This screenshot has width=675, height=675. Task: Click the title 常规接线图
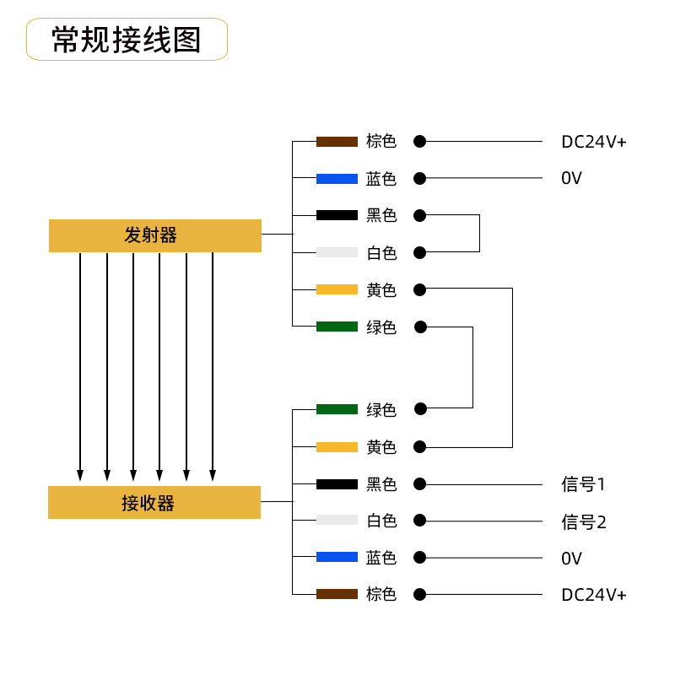[127, 40]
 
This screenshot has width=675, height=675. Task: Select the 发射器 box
[154, 235]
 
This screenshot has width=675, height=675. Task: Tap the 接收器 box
[154, 503]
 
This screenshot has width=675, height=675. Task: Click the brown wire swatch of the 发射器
[337, 142]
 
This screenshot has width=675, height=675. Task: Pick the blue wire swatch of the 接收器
[337, 557]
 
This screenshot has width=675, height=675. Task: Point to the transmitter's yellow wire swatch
[337, 289]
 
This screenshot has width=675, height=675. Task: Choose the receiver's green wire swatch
[337, 409]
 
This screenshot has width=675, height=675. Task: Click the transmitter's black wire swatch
[337, 215]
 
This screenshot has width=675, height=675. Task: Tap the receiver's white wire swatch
[337, 520]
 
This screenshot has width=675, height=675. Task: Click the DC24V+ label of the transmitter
[594, 142]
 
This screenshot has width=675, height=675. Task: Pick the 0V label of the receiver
[571, 558]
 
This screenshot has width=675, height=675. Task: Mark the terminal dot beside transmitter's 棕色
[419, 142]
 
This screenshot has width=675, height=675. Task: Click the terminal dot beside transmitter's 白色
[419, 252]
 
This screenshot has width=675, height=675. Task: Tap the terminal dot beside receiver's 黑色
[419, 484]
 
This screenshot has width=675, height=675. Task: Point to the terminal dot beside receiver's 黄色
[419, 447]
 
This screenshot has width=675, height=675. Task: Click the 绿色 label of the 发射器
[381, 327]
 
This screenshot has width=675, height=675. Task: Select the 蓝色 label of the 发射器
[381, 179]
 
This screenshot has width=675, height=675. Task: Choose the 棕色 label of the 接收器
[381, 594]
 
